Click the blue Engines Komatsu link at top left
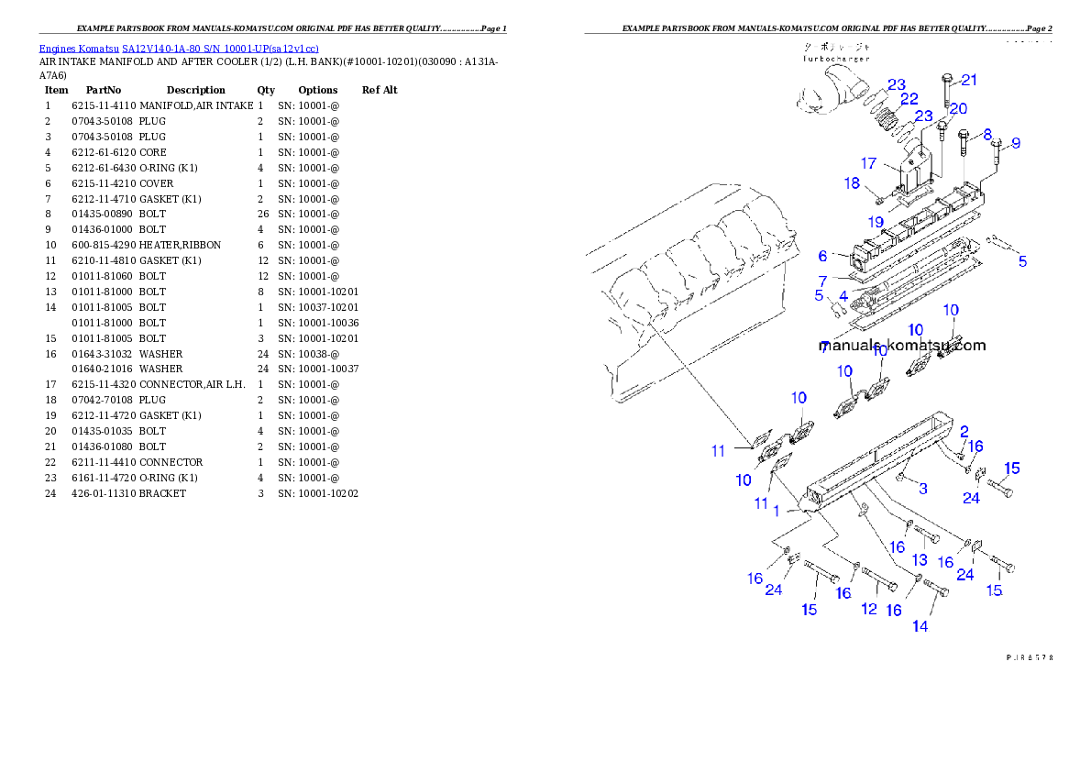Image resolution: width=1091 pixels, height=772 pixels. [x=179, y=49]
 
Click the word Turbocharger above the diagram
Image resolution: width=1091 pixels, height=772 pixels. [x=835, y=58]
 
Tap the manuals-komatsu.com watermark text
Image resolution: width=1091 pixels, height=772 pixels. [x=904, y=346]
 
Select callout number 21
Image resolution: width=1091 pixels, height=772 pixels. [x=969, y=80]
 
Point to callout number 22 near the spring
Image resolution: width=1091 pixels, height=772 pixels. [x=909, y=99]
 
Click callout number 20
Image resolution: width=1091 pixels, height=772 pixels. [x=958, y=108]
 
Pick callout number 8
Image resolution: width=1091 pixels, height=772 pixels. [x=987, y=134]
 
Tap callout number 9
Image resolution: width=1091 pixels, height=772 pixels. [x=1016, y=143]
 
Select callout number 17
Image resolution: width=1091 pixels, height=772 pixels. [x=869, y=164]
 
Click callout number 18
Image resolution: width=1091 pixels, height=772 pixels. [x=853, y=183]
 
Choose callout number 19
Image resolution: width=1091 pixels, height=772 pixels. [x=876, y=222]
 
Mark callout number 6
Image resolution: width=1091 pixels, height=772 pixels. [x=823, y=256]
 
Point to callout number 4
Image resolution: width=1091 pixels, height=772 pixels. [x=843, y=296]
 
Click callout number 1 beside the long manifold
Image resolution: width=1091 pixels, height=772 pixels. [x=777, y=510]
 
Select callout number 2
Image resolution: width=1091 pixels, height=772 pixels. [x=964, y=431]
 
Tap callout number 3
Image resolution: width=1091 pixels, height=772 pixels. [x=923, y=488]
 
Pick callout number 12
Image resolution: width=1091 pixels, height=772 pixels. [x=869, y=609]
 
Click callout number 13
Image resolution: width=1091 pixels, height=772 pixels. [x=920, y=560]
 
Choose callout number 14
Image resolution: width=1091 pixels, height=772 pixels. [x=920, y=626]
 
